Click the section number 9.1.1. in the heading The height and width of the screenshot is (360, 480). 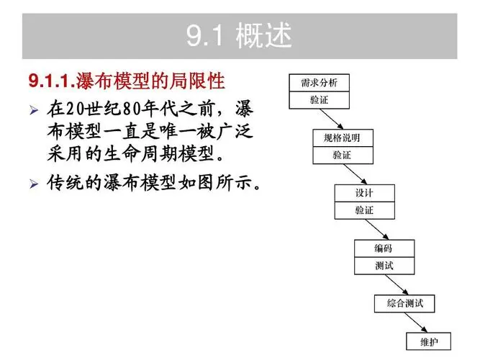click(x=50, y=79)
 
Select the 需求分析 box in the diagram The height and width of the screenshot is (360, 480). click(x=319, y=83)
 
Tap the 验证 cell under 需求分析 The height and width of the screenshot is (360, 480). click(x=319, y=100)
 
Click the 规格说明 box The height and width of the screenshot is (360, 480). click(x=343, y=138)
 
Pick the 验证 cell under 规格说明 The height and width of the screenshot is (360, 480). click(x=343, y=155)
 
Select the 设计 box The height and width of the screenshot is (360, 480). click(x=364, y=193)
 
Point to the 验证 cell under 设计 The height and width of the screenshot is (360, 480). click(x=364, y=210)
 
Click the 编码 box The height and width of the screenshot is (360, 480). click(x=384, y=248)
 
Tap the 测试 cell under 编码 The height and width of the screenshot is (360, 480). click(x=384, y=266)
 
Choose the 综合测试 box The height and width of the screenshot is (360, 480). click(x=404, y=303)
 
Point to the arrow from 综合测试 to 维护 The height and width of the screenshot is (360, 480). click(x=417, y=322)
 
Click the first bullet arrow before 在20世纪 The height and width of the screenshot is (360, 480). click(x=33, y=112)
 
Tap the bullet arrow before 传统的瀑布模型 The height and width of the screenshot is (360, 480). click(x=33, y=184)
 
